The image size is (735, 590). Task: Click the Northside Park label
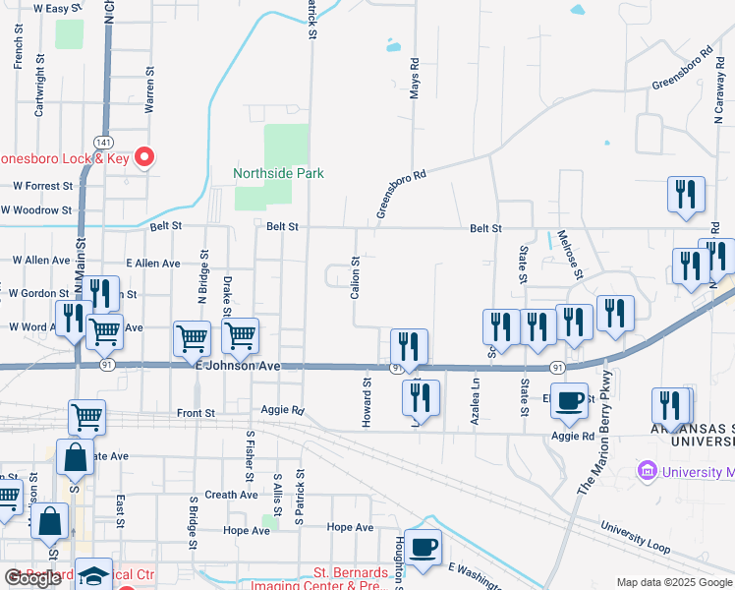click(x=278, y=174)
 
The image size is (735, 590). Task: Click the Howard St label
click(x=367, y=402)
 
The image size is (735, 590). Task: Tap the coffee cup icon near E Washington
click(x=424, y=549)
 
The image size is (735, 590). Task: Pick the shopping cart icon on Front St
click(x=86, y=417)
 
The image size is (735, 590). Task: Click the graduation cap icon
click(x=94, y=575)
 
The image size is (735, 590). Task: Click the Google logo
click(x=32, y=578)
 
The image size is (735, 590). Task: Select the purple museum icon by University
click(x=647, y=472)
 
